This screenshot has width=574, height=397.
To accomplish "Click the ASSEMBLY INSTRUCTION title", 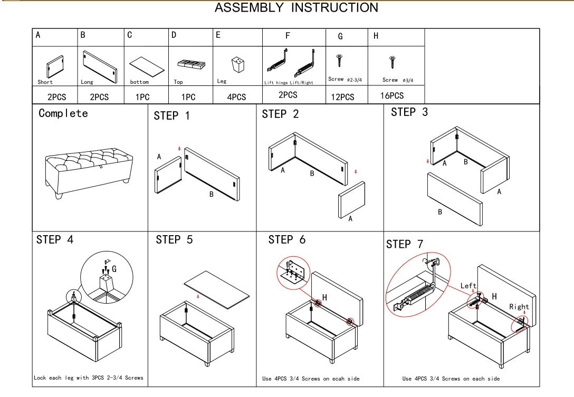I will point(296,8).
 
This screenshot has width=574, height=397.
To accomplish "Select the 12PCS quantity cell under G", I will point(342,97).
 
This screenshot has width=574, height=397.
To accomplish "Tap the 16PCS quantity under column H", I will point(392,96).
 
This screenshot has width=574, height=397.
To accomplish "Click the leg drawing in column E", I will point(238,66).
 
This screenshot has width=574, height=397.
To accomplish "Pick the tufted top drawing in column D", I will point(191,65).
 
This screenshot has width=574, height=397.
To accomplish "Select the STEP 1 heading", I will point(171,116).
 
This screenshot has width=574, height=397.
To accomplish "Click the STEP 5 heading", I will point(174,240).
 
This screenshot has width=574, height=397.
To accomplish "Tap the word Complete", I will point(63,113).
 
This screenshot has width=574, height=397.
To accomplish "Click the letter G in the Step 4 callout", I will point(114,269).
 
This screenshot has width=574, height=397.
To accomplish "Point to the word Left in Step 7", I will point(468,286).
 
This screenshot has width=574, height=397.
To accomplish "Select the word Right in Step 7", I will point(519,307).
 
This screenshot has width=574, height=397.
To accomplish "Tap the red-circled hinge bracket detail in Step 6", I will point(291,273).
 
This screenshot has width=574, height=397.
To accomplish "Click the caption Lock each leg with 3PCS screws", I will point(88,378).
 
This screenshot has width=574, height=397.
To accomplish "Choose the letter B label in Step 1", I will point(211,195).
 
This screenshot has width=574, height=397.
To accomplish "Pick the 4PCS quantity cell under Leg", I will point(237,97).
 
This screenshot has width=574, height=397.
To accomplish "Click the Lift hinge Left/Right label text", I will point(289,83).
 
